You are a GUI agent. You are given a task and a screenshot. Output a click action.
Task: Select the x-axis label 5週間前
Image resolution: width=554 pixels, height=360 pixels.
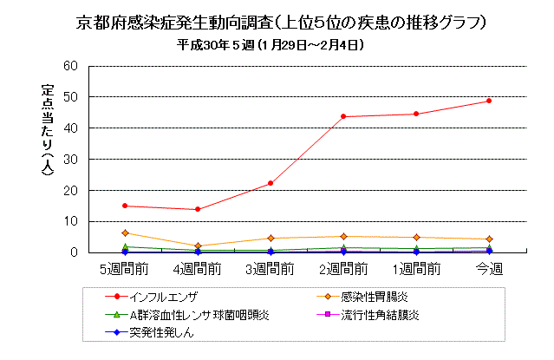click(x=125, y=270)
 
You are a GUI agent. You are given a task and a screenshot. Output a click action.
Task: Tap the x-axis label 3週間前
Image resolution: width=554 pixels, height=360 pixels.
click(x=270, y=270)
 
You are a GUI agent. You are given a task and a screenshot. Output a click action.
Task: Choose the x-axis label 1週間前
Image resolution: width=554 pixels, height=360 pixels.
click(x=416, y=270)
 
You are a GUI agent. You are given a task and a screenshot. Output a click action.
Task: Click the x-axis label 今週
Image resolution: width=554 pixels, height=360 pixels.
click(x=489, y=270)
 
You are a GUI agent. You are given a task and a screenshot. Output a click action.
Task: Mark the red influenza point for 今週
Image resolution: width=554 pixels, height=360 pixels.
click(x=489, y=101)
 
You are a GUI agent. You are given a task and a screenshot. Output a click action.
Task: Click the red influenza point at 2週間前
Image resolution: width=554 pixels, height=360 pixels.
click(x=343, y=116)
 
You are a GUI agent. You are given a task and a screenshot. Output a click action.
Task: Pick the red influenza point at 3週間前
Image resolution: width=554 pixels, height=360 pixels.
click(x=270, y=183)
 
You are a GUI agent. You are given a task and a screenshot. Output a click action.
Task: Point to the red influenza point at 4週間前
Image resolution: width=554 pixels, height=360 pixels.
click(x=198, y=209)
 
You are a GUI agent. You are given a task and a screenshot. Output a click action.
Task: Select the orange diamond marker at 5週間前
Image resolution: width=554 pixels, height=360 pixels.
click(x=125, y=232)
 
